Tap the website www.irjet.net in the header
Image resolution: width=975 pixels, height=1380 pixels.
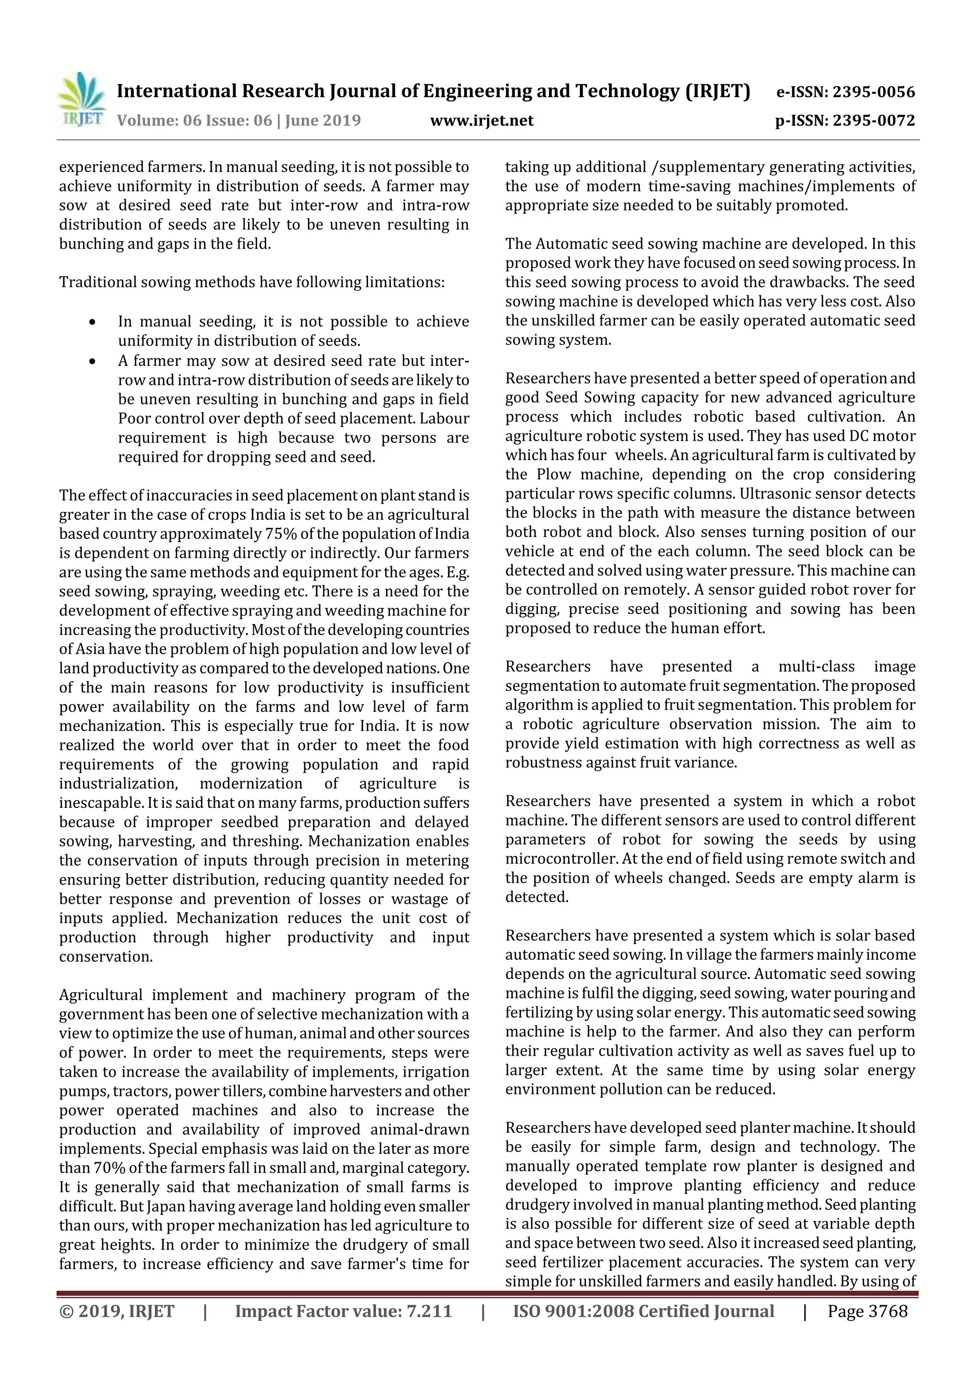click(x=481, y=121)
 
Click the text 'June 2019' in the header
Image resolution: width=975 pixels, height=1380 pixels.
click(x=323, y=121)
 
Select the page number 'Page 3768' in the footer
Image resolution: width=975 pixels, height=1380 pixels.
click(x=867, y=1311)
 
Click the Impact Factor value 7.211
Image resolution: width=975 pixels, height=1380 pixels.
click(x=429, y=1311)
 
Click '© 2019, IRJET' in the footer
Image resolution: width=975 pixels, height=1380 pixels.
click(x=117, y=1311)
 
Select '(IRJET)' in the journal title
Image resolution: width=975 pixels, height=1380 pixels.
click(x=718, y=91)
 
